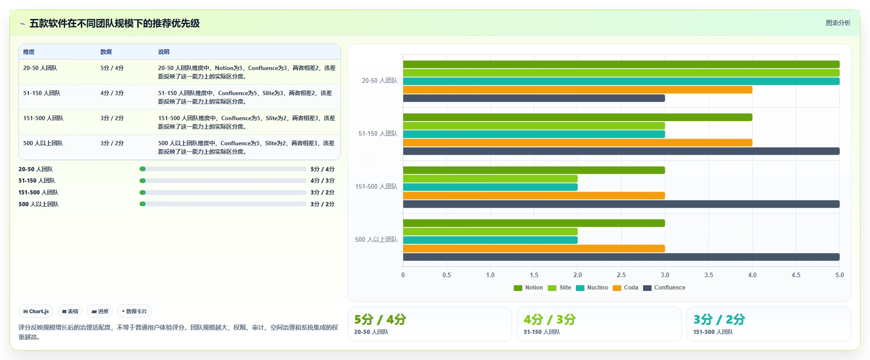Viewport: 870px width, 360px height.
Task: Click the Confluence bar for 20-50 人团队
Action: (x=534, y=98)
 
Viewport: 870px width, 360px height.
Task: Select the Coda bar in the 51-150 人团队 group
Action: (x=577, y=143)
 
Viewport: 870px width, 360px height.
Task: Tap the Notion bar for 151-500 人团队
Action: (x=534, y=170)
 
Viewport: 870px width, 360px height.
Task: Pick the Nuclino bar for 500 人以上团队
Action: (x=490, y=240)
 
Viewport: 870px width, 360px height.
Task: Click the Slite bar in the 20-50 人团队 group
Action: (x=621, y=73)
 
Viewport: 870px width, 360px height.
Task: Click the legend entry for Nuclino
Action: (x=592, y=288)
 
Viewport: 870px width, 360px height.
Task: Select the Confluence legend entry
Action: (x=664, y=288)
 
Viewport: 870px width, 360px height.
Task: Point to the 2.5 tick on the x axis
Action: (x=621, y=275)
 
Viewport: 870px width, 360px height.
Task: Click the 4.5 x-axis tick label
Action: (x=796, y=275)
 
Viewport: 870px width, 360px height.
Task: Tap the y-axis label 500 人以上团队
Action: (x=376, y=240)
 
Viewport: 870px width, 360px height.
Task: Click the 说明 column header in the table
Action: (x=164, y=52)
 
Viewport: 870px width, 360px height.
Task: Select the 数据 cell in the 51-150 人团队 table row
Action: (x=112, y=93)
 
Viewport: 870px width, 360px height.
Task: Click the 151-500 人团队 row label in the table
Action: (x=43, y=118)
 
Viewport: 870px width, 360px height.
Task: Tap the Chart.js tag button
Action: (x=36, y=311)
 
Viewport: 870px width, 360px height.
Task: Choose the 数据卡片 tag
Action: (x=134, y=311)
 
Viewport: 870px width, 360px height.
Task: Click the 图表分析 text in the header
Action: (x=838, y=23)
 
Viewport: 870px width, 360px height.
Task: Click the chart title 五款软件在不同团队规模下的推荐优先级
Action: (x=114, y=23)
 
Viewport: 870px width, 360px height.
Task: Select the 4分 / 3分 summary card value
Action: (x=549, y=319)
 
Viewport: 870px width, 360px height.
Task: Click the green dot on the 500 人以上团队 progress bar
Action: (x=143, y=204)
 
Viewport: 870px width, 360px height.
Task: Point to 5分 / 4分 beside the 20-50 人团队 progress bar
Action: (x=322, y=169)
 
